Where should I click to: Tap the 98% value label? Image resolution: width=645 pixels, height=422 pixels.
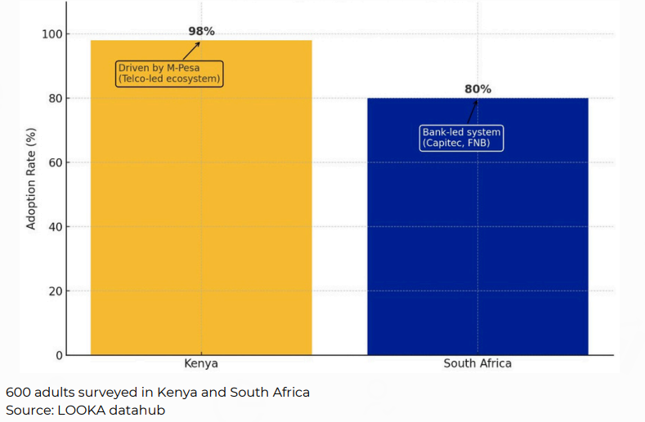pyautogui.click(x=201, y=31)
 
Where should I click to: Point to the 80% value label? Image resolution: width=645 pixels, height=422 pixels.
pyautogui.click(x=478, y=89)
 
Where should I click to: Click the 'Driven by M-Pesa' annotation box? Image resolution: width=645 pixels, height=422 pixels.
pyautogui.click(x=170, y=73)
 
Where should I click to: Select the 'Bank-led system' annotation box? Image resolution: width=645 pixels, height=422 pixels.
pyautogui.click(x=461, y=137)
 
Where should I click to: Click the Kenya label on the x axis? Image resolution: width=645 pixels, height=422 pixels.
pyautogui.click(x=201, y=363)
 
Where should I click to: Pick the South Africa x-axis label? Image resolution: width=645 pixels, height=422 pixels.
pyautogui.click(x=477, y=363)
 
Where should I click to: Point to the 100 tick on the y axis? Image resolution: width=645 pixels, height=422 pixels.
pyautogui.click(x=52, y=34)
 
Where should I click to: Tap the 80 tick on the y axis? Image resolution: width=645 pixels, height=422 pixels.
pyautogui.click(x=55, y=98)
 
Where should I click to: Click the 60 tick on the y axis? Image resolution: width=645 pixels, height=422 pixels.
pyautogui.click(x=55, y=162)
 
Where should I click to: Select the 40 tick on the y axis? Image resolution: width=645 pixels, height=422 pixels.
pyautogui.click(x=55, y=227)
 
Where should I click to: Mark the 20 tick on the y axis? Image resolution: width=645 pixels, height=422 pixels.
pyautogui.click(x=55, y=291)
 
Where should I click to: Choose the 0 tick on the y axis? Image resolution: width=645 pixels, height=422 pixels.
pyautogui.click(x=58, y=355)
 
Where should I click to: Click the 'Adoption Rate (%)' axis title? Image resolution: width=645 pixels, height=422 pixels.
pyautogui.click(x=31, y=178)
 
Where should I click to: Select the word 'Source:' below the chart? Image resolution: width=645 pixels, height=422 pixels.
pyautogui.click(x=29, y=410)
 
